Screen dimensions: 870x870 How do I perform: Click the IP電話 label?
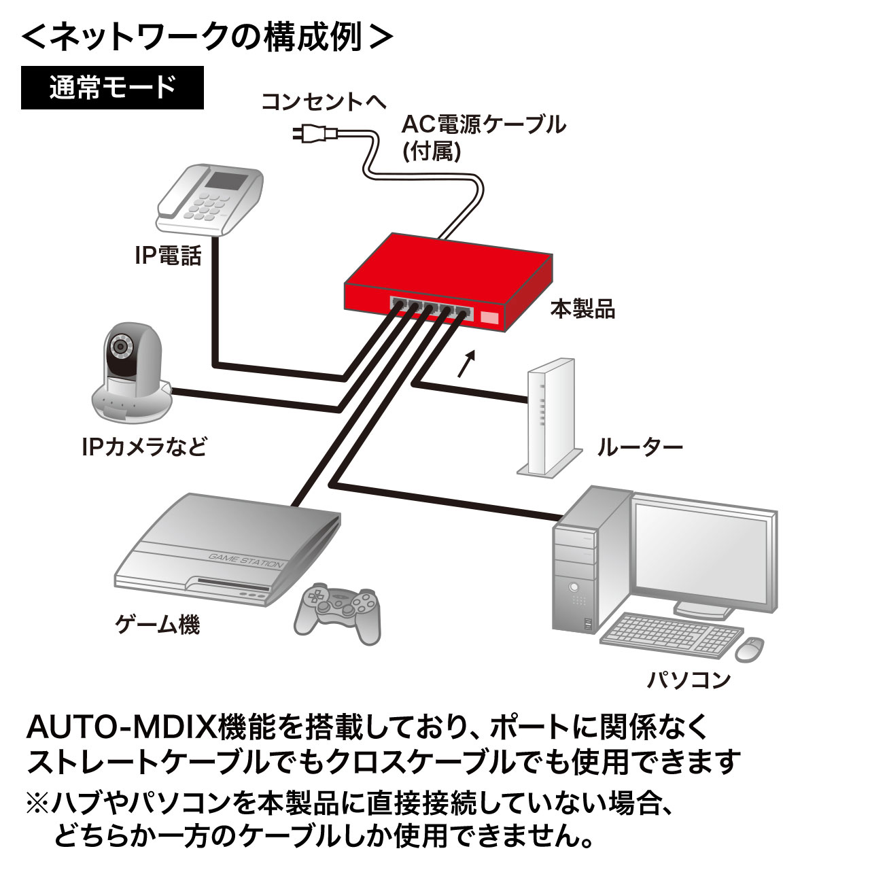click(x=168, y=256)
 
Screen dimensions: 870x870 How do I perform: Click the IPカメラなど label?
click(x=143, y=447)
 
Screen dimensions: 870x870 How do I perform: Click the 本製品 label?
click(x=582, y=309)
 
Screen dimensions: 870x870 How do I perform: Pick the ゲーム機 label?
click(x=157, y=623)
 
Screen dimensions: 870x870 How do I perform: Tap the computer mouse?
click(x=749, y=648)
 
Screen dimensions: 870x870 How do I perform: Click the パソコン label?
click(x=688, y=679)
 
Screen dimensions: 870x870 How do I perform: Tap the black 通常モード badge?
click(x=112, y=88)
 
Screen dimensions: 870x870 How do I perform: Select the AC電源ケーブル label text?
click(x=483, y=124)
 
